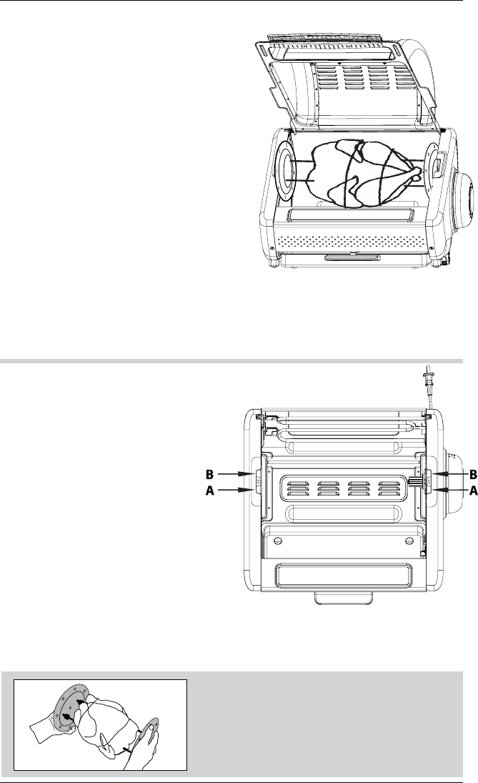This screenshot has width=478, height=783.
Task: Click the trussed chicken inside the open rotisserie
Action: pos(357,174)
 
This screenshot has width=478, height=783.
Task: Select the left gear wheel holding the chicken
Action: pos(289,174)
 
